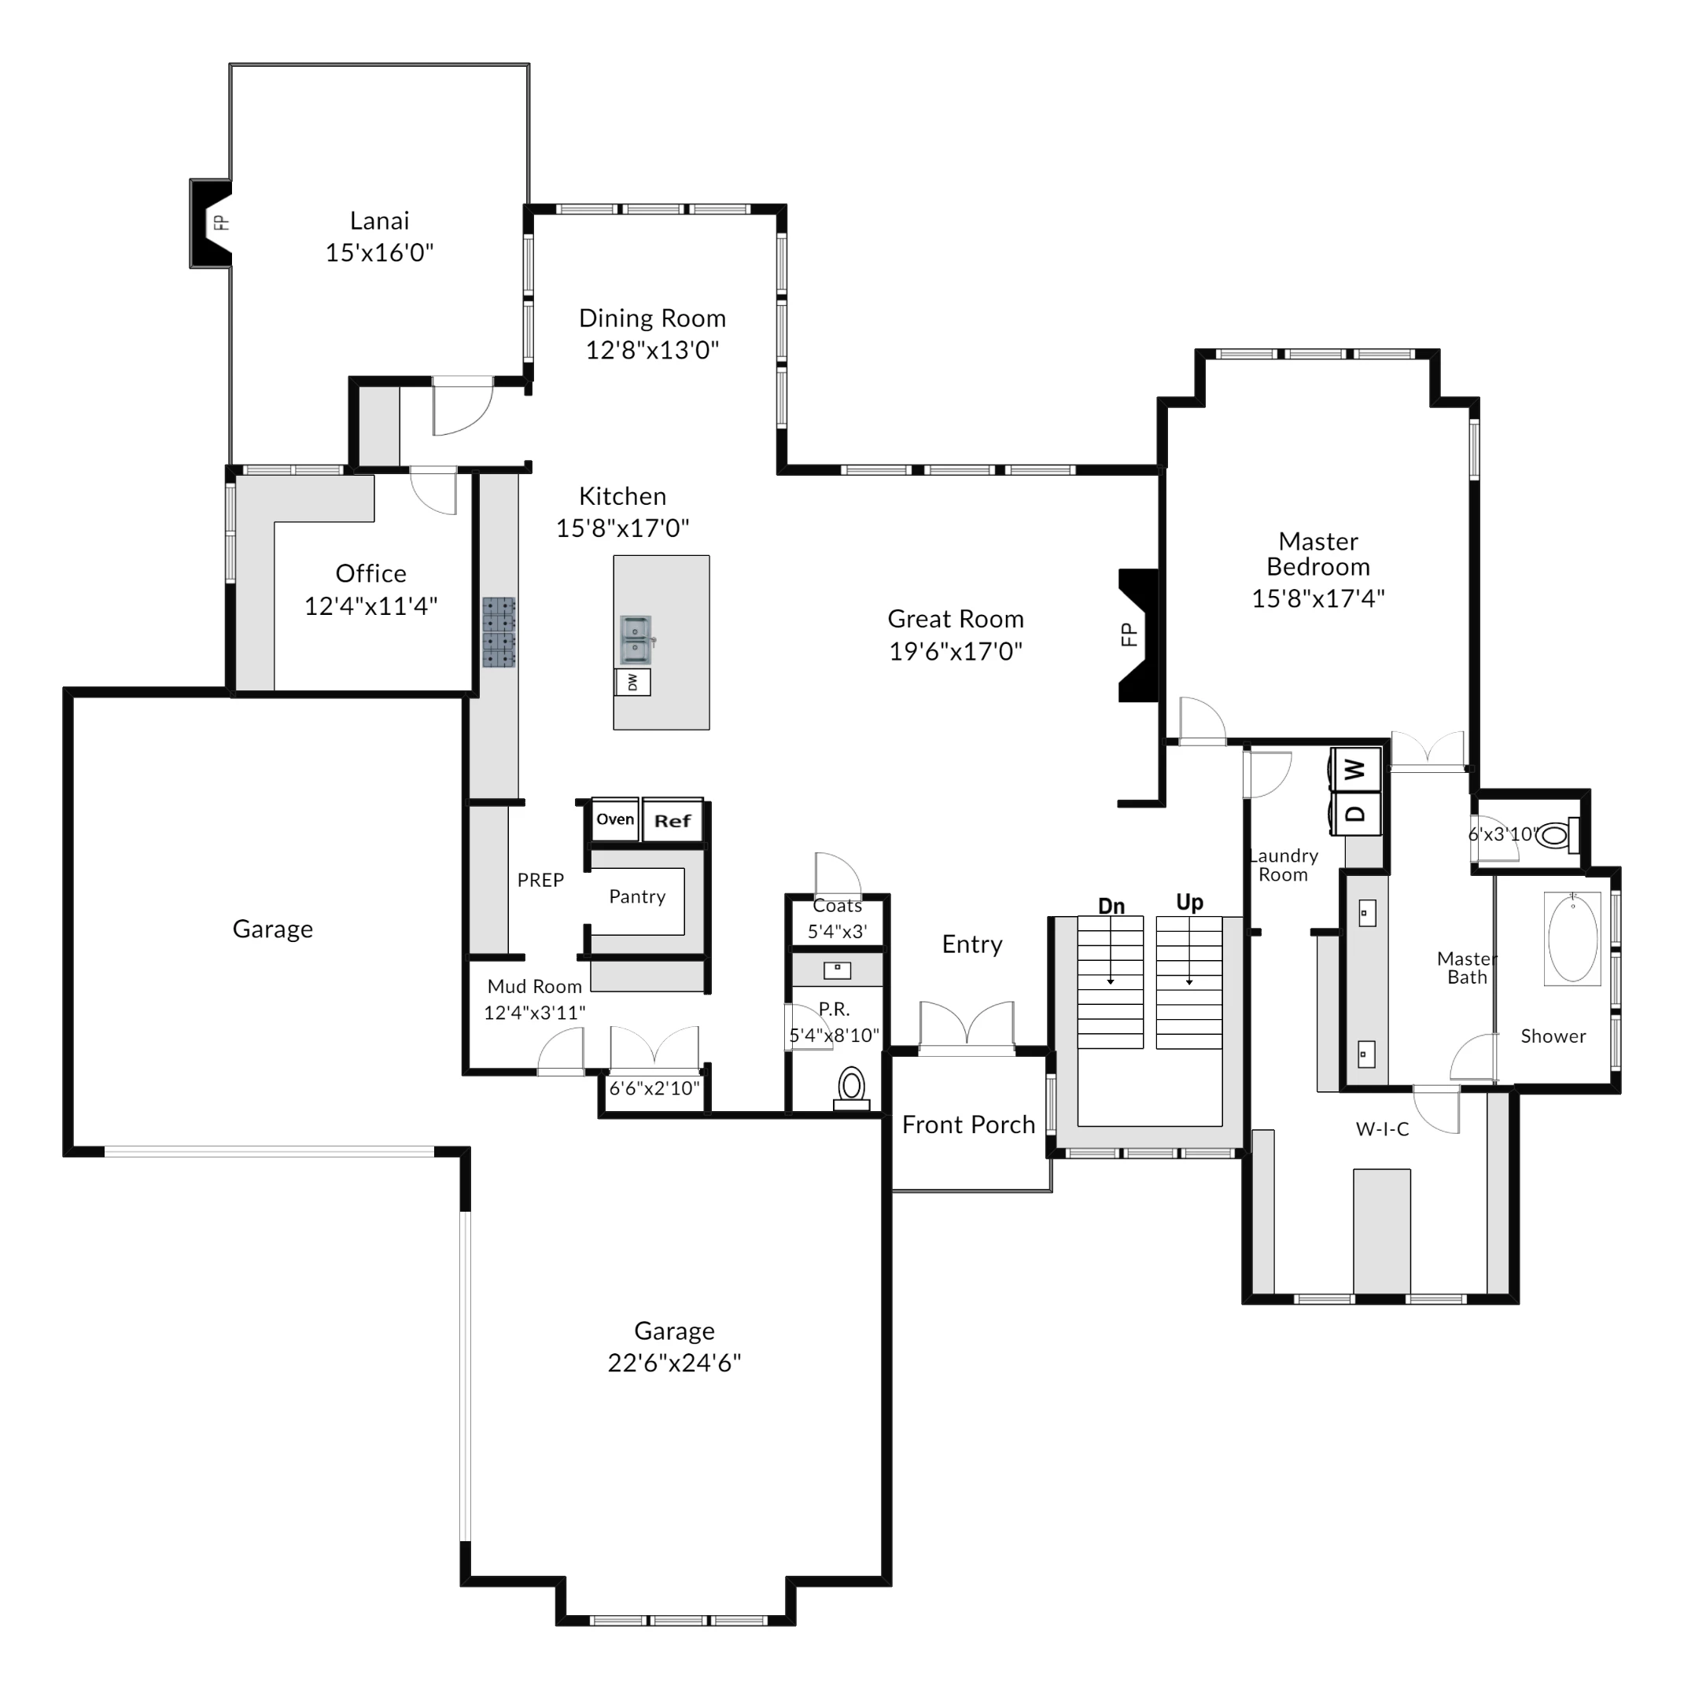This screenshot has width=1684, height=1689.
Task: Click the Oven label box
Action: [x=616, y=820]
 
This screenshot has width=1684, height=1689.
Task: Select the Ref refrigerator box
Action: [x=672, y=821]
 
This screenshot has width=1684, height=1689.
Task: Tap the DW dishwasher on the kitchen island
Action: [x=633, y=682]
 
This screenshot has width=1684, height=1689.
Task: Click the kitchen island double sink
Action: [x=637, y=641]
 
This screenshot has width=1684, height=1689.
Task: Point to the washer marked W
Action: [x=1355, y=770]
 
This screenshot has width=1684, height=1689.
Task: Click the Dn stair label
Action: [x=1111, y=907]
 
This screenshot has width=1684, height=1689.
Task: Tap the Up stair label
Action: [x=1190, y=903]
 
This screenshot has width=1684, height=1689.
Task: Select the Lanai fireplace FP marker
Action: [x=221, y=223]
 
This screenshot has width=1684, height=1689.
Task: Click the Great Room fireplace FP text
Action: [x=1129, y=635]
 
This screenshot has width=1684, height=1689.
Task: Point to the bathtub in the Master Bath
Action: [x=1572, y=939]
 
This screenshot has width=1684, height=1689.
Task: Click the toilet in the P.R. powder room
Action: [x=852, y=1089]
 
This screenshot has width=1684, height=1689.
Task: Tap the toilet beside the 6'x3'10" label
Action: [x=1557, y=837]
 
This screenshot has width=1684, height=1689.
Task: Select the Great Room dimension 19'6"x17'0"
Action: [x=956, y=651]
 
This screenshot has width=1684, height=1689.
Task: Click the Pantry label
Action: [x=637, y=896]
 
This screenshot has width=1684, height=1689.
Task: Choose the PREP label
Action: [x=540, y=881]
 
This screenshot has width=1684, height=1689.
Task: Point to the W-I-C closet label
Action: [x=1382, y=1129]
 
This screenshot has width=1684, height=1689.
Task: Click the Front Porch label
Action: [x=969, y=1125]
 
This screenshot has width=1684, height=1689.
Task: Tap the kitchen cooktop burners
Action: [x=499, y=634]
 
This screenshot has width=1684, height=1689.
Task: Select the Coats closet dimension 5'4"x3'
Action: [x=838, y=932]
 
